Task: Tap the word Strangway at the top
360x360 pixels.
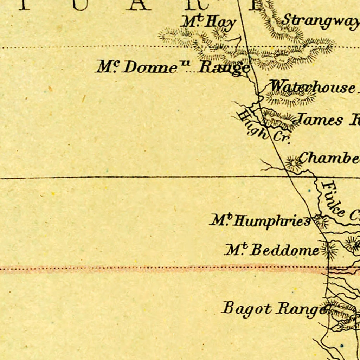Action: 320,20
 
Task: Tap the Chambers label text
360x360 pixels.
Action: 329,158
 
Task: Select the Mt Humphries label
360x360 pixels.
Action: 260,221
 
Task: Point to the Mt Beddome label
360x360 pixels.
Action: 272,250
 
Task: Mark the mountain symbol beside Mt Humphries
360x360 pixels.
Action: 321,221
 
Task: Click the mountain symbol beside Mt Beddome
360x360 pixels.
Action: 329,250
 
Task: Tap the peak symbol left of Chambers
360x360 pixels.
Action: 292,162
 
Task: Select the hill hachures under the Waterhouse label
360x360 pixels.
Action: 290,98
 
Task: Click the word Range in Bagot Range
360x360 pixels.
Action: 301,310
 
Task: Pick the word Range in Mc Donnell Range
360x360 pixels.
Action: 224,67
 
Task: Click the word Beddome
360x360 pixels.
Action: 285,250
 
